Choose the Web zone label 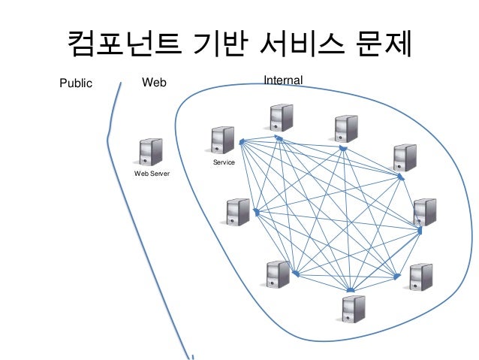coord(154,82)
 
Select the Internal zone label coord(283,79)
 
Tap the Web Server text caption coord(152,174)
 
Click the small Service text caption coord(224,162)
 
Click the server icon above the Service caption coord(223,141)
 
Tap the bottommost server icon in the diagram coord(353,309)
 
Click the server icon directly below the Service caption coord(238,212)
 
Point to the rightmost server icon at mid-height coord(425,212)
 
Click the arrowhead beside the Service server coord(241,142)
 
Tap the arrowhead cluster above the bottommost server coord(350,290)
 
